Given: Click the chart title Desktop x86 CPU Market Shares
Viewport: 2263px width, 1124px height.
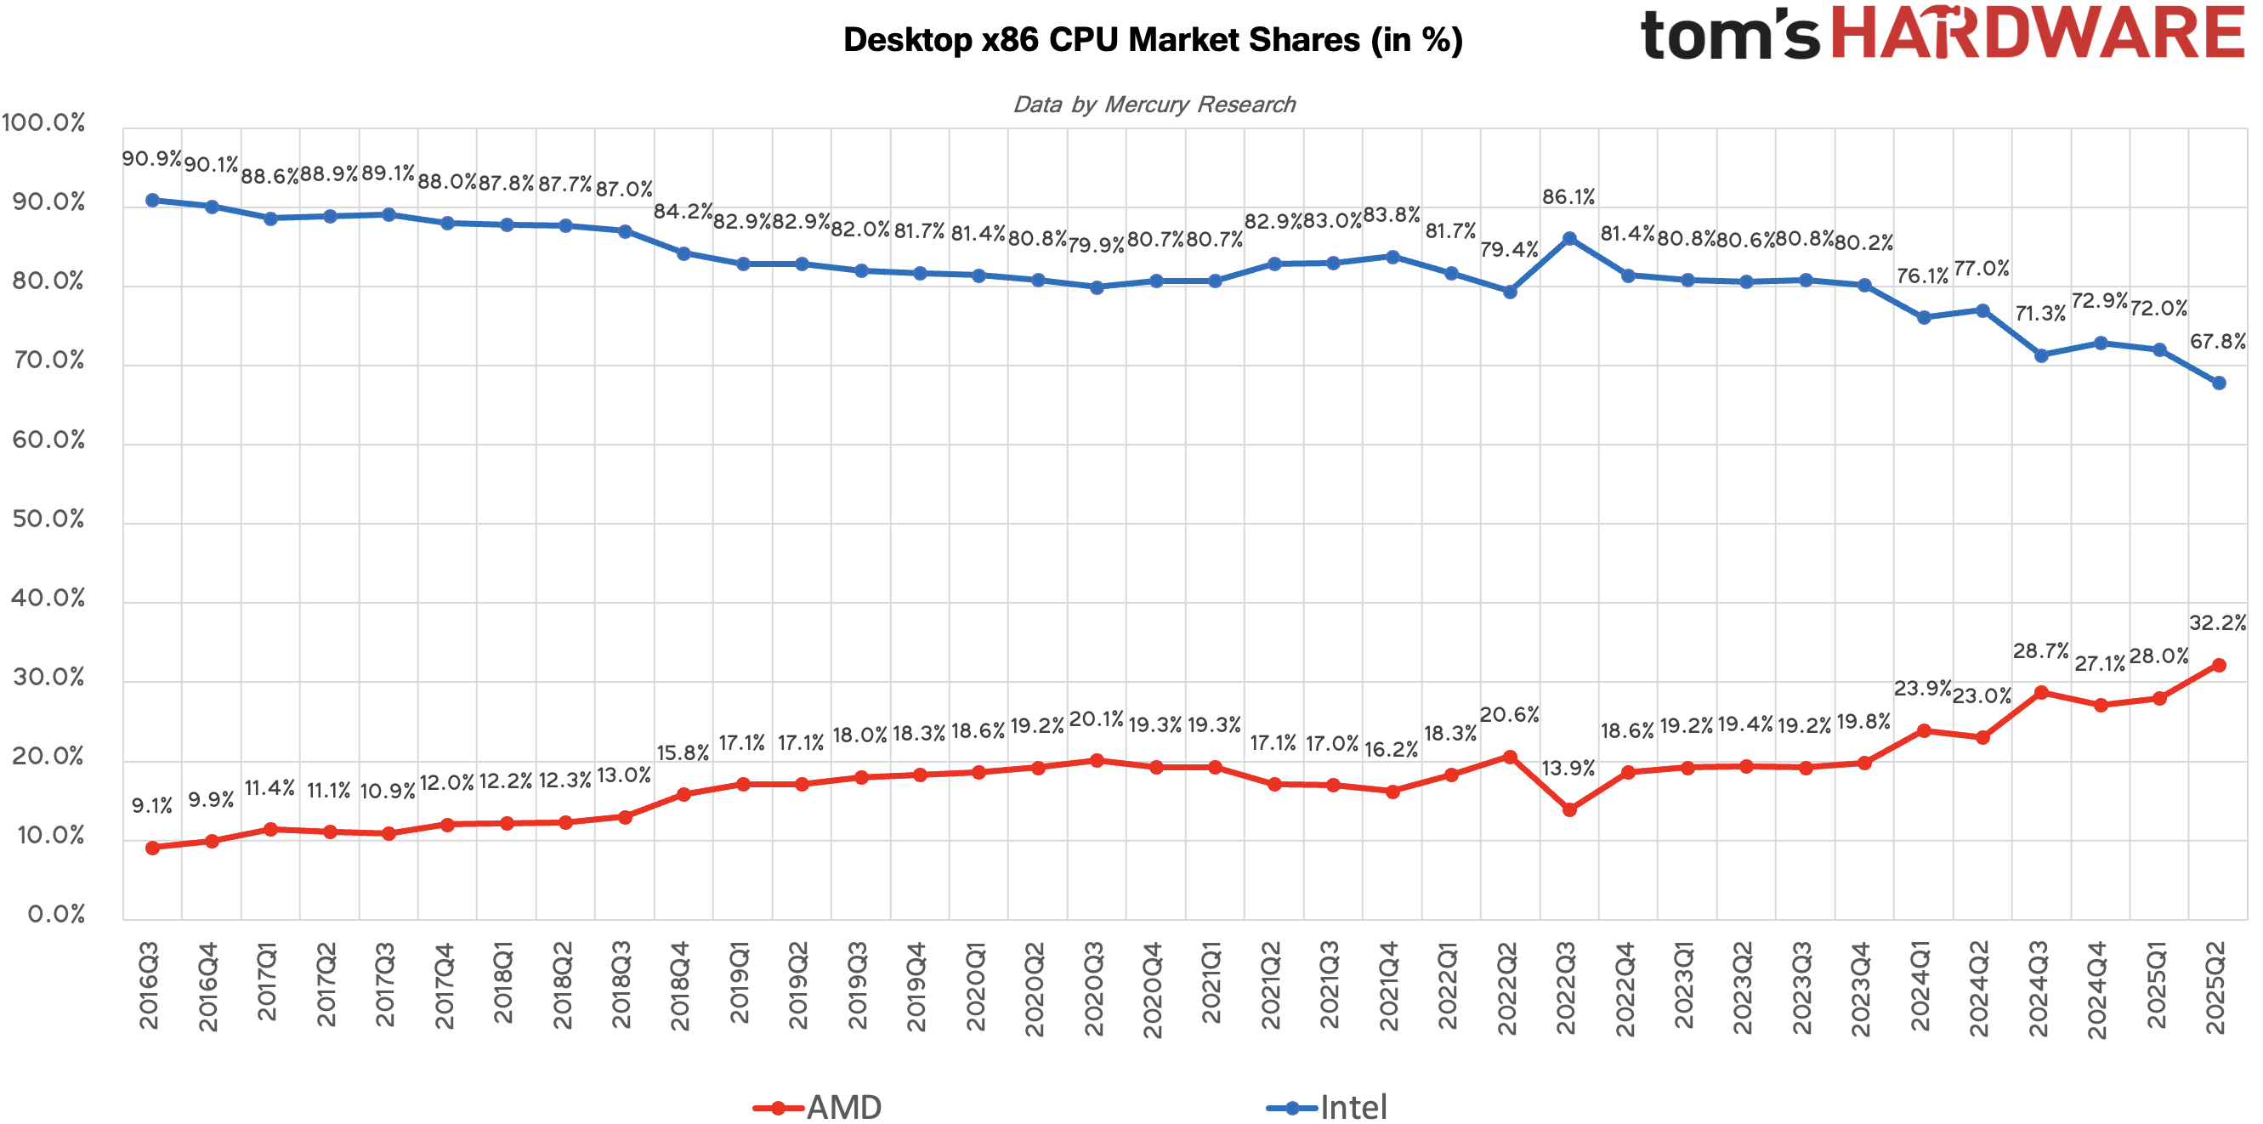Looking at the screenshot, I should pyautogui.click(x=1153, y=41).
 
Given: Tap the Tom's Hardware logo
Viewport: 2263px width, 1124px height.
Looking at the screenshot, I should pyautogui.click(x=1942, y=33).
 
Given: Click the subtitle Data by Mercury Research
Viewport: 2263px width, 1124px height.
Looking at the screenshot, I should pyautogui.click(x=1154, y=105).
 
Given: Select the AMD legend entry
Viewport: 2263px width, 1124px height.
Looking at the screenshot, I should pyautogui.click(x=817, y=1106).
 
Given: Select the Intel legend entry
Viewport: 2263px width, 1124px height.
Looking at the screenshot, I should pyautogui.click(x=1327, y=1106).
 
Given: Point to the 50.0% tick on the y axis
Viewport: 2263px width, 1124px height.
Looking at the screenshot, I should pyautogui.click(x=49, y=519).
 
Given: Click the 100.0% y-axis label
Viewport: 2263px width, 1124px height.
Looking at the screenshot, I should pyautogui.click(x=44, y=122).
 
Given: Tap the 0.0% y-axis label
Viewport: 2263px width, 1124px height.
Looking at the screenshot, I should pyautogui.click(x=56, y=914).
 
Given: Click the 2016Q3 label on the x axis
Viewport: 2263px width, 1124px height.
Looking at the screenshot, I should pyautogui.click(x=150, y=985).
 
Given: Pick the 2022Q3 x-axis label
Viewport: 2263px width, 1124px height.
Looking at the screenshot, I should pyautogui.click(x=1567, y=988).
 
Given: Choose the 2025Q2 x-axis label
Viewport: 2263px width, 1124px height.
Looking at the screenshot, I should pyautogui.click(x=2215, y=988).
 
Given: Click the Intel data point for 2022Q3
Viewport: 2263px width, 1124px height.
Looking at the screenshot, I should pyautogui.click(x=1569, y=238).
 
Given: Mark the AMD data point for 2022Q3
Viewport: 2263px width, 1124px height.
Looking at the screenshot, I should pyautogui.click(x=1569, y=809).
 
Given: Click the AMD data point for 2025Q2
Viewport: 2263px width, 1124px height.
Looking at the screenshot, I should pyautogui.click(x=2218, y=665).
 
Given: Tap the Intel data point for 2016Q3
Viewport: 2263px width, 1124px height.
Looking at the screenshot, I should pyautogui.click(x=153, y=201).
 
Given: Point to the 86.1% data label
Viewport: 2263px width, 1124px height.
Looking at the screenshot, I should pyautogui.click(x=1568, y=197).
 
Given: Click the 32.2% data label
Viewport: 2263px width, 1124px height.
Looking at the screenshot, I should pyautogui.click(x=2216, y=623).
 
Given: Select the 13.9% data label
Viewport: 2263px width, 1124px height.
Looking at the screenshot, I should pyautogui.click(x=1568, y=768).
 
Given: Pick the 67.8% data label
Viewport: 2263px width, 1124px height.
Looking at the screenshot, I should pyautogui.click(x=2216, y=341).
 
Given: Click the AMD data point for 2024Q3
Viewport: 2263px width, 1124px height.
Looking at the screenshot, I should pyautogui.click(x=2041, y=692).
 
